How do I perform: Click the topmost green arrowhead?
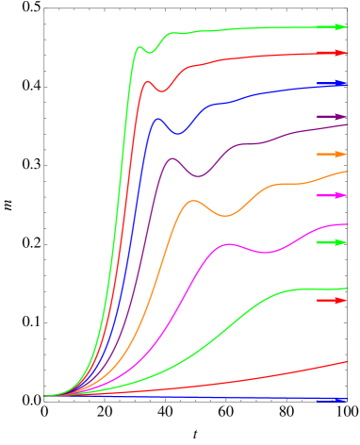pos(340,27)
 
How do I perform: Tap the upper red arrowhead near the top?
pos(340,53)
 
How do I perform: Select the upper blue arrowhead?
pos(340,84)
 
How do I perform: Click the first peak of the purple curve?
pos(172,158)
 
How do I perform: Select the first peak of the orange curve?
pos(193,200)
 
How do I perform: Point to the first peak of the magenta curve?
pos(229,244)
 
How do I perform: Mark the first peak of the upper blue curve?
pos(156,119)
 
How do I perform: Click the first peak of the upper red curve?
pos(148,82)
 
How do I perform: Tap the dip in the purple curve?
pos(198,176)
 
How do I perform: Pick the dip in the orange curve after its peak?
pos(224,216)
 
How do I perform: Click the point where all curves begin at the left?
pos(44,396)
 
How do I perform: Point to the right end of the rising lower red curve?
pos(347,361)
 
